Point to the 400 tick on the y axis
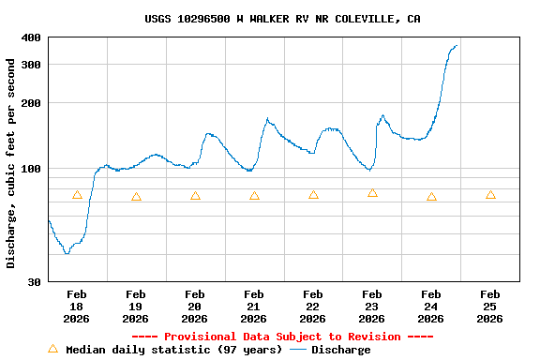[x=31, y=37]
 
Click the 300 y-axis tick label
[x=31, y=65]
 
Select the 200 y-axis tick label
[x=31, y=103]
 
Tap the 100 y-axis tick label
[x=31, y=169]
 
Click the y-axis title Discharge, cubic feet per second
[x=11, y=163]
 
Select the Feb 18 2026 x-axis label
[x=77, y=307]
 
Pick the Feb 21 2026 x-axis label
[x=253, y=307]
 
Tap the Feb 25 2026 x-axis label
[x=489, y=307]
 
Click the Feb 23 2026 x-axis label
[x=371, y=307]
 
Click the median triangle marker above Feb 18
[x=77, y=195]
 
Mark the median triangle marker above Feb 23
[x=372, y=193]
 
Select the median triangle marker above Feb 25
[x=490, y=195]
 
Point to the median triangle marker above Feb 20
[x=195, y=196]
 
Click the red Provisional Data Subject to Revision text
[x=282, y=337]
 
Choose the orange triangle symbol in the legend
[x=52, y=349]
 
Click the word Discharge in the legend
[x=340, y=350]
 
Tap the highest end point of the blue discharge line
[x=457, y=45]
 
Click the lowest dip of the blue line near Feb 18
[x=67, y=253]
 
